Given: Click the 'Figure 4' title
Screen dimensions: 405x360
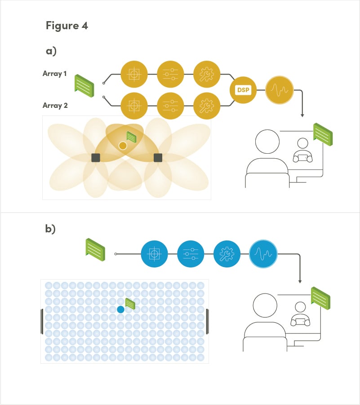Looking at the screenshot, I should [67, 26].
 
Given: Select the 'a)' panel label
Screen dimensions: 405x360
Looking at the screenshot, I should [51, 51].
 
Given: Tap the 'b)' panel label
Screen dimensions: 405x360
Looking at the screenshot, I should [50, 229].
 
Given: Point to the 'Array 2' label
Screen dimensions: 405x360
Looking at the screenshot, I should [55, 106].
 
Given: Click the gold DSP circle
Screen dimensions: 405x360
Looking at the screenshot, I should [243, 90].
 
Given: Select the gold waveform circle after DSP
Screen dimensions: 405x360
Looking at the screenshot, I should [280, 90].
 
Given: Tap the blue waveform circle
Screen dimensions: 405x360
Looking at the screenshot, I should [263, 254].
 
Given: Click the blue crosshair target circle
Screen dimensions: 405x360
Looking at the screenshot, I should [154, 254].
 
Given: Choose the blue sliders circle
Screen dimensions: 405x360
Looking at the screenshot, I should [191, 254].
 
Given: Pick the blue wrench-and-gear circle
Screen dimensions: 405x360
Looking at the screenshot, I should [227, 254].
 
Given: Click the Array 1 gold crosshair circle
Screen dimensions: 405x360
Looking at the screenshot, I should [134, 74].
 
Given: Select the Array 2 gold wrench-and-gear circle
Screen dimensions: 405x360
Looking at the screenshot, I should [207, 106].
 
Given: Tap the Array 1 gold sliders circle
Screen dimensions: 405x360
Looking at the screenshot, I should [170, 74].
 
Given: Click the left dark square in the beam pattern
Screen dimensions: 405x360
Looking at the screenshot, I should [96, 158].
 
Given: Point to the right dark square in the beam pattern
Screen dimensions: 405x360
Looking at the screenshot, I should [158, 158].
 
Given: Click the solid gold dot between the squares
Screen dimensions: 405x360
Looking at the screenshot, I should [123, 146].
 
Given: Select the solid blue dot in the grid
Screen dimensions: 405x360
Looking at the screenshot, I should [120, 309].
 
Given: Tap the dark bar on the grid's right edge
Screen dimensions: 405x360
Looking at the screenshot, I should [207, 321].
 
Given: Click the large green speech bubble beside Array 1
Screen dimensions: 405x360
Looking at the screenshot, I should [84, 86].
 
